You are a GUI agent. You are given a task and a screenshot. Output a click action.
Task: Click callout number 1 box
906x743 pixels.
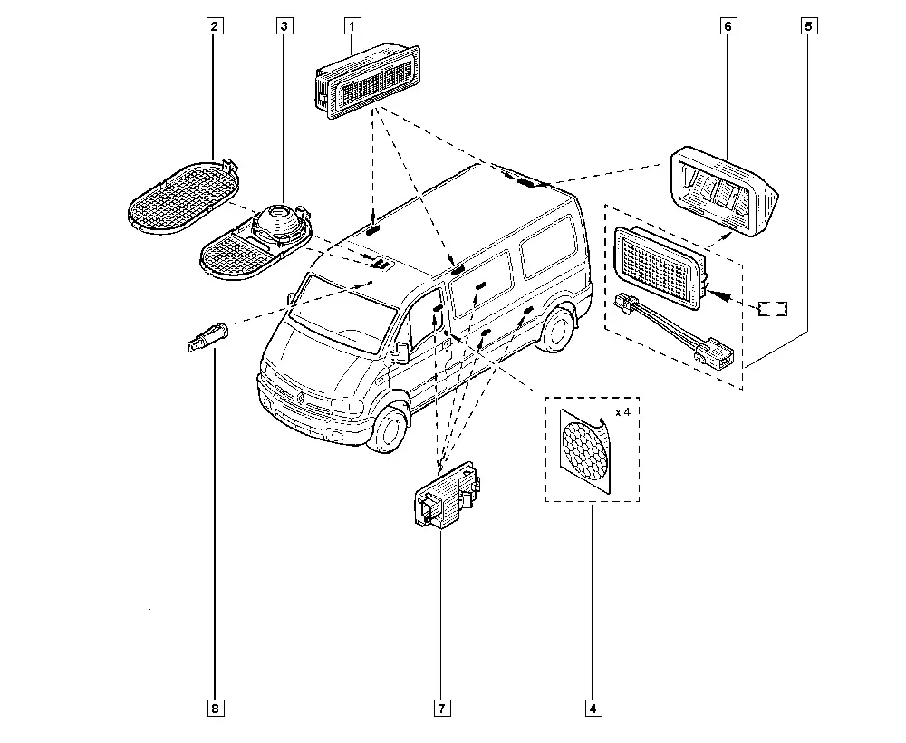pyautogui.click(x=352, y=26)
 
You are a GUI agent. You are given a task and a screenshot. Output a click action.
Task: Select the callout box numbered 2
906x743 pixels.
pyautogui.click(x=215, y=26)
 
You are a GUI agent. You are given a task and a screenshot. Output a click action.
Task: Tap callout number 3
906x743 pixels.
pyautogui.click(x=284, y=26)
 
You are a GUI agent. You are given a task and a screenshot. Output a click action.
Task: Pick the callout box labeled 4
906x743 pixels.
pyautogui.click(x=593, y=709)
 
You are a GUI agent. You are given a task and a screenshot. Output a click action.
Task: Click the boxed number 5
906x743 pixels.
pyautogui.click(x=809, y=26)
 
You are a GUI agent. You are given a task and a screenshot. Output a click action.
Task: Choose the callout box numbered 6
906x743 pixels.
pyautogui.click(x=728, y=26)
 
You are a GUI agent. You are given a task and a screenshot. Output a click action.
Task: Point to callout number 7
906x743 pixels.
pyautogui.click(x=442, y=709)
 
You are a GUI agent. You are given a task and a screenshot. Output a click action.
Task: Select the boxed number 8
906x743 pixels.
pyautogui.click(x=215, y=709)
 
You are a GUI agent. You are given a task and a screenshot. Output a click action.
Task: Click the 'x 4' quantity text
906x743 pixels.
pyautogui.click(x=623, y=412)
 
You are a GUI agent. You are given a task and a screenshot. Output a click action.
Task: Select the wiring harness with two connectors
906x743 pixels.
pyautogui.click(x=673, y=329)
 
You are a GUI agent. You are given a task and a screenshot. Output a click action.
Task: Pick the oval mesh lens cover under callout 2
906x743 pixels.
pyautogui.click(x=184, y=197)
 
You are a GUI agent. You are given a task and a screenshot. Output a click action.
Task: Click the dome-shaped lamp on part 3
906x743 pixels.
pyautogui.click(x=280, y=221)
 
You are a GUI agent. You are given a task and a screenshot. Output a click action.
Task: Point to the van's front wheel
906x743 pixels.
pyautogui.click(x=390, y=429)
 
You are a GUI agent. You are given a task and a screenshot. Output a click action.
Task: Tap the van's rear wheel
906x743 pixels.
pyautogui.click(x=555, y=329)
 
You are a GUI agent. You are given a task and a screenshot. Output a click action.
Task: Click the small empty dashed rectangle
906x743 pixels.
pyautogui.click(x=773, y=308)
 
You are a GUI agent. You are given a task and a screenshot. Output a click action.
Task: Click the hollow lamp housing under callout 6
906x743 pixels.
pyautogui.click(x=724, y=190)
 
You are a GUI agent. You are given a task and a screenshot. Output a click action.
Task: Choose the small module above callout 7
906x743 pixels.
pyautogui.click(x=448, y=496)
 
